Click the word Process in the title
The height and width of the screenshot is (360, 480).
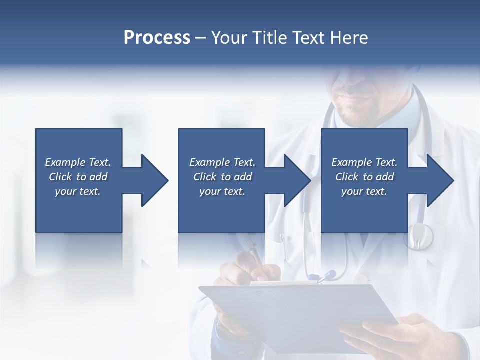pyautogui.click(x=157, y=38)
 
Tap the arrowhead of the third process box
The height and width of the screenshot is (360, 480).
pyautogui.click(x=440, y=180)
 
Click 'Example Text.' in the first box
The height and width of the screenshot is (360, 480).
pyautogui.click(x=78, y=162)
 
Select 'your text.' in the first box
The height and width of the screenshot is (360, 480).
pyautogui.click(x=78, y=191)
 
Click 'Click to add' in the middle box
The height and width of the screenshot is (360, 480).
pyautogui.click(x=222, y=177)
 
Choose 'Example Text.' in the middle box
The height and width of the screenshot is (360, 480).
pyautogui.click(x=222, y=162)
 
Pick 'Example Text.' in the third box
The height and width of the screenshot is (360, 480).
pyautogui.click(x=364, y=162)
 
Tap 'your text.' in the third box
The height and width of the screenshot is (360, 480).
pyautogui.click(x=364, y=191)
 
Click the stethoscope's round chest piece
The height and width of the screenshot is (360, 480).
pyautogui.click(x=418, y=236)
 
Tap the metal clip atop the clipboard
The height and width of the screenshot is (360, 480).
pyautogui.click(x=284, y=282)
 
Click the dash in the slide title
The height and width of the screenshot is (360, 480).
pyautogui.click(x=200, y=38)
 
